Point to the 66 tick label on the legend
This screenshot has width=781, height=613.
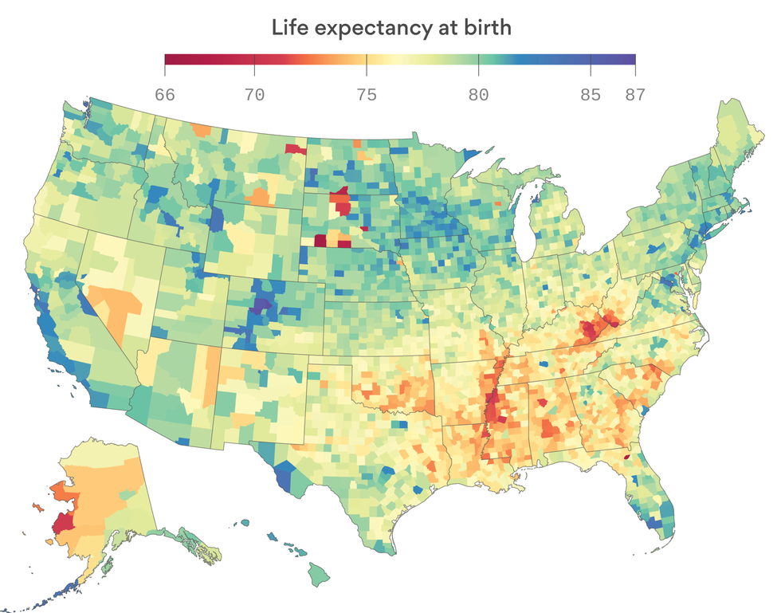(165, 94)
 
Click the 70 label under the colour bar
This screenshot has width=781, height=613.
(254, 94)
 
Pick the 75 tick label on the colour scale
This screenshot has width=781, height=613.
(366, 94)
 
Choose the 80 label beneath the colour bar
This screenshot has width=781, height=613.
(478, 94)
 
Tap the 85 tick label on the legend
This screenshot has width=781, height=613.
(590, 94)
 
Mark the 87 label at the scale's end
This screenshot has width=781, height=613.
(634, 94)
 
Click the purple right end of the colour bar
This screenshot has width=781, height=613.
(630, 59)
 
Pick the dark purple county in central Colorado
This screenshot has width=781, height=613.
(260, 305)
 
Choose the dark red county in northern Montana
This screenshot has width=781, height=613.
(296, 148)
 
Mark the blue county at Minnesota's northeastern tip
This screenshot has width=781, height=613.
(475, 153)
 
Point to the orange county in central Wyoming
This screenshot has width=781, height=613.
(260, 196)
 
